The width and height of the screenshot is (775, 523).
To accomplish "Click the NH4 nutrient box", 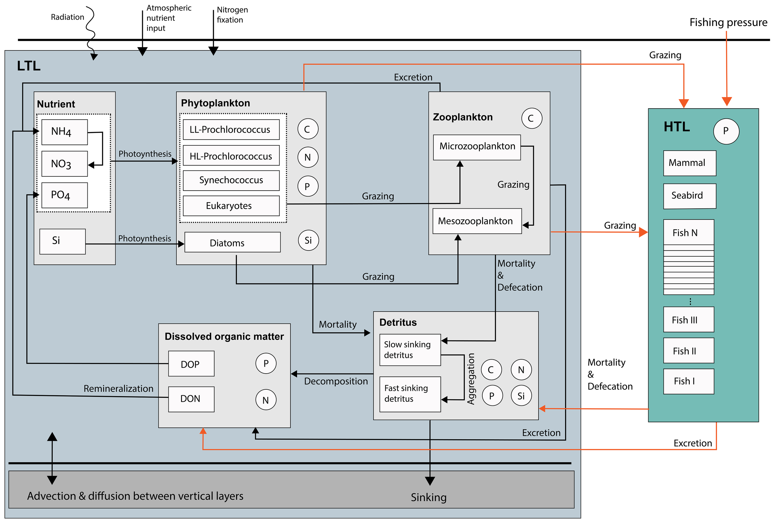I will pos(65,132).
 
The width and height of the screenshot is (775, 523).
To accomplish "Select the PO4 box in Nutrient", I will pos(65,195).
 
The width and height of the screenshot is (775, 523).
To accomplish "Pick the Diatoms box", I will pos(233,243).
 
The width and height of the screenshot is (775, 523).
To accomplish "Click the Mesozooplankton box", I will pos(477,221).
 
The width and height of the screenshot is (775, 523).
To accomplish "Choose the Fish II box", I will pos(689,351).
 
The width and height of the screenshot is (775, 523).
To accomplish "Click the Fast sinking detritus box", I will pos(410,395).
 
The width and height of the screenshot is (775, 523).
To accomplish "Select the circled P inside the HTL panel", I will pos(726,131).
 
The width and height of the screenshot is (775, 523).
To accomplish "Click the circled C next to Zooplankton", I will pos(532,118).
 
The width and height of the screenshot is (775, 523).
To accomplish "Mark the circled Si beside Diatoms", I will pos(308,241).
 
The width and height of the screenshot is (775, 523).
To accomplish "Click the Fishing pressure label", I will pos(728,23).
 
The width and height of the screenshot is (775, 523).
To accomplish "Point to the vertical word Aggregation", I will pos(471,379).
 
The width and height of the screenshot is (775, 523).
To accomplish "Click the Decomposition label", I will pos(336,382).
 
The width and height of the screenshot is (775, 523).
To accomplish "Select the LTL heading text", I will pos(29,66).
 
